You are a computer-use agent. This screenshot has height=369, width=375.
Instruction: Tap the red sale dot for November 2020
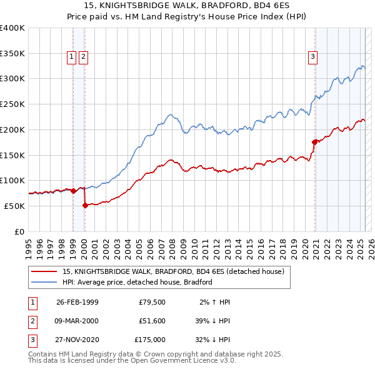(314, 142)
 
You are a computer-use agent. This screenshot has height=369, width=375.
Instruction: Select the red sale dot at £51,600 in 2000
(85, 205)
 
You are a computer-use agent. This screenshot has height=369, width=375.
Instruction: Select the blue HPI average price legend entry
(137, 282)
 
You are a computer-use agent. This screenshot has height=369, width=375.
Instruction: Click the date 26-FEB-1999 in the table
(77, 302)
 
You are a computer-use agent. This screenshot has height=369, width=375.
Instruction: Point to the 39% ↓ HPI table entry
(212, 321)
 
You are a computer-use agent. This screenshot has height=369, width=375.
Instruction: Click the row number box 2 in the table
(31, 321)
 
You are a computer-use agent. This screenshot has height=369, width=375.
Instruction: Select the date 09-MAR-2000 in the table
(77, 321)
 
